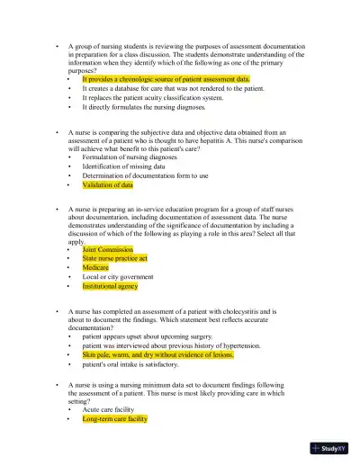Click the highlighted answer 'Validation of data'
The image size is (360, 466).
107,185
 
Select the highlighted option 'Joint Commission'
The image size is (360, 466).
107,249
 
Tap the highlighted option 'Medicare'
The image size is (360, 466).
95,267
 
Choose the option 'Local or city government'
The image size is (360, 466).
118,277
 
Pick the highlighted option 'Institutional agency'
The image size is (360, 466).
110,286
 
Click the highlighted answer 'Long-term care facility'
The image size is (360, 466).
114,418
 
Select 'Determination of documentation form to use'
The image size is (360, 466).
145,175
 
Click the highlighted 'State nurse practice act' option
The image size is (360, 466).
114,258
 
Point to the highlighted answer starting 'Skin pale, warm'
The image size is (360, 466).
157,355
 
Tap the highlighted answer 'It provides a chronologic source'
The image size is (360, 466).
166,79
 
